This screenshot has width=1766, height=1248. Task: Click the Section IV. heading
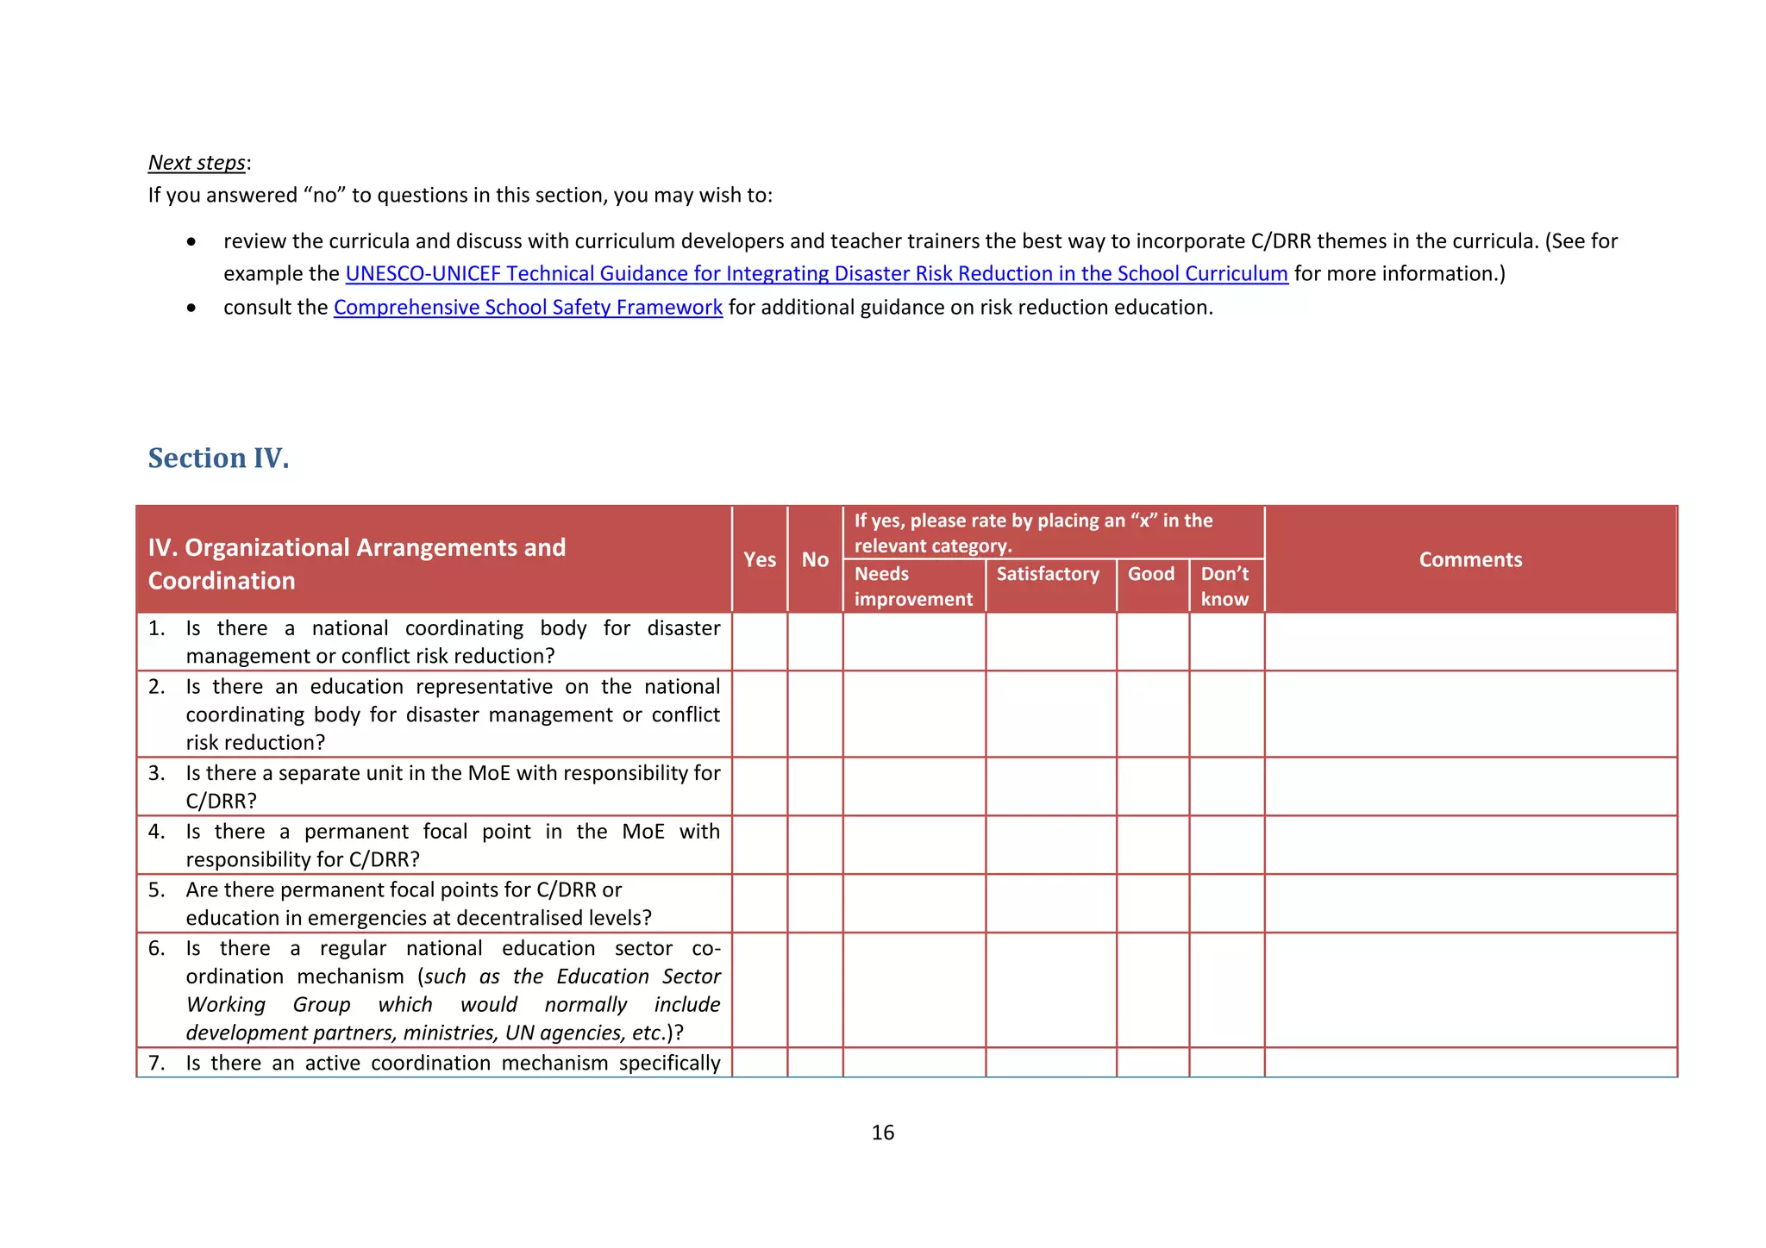click(218, 458)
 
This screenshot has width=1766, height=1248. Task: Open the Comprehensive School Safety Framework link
click(528, 308)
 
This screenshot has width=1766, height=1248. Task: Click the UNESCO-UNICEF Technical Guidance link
click(816, 274)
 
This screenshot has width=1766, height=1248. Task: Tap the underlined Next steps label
click(197, 163)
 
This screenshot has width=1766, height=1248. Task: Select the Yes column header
click(760, 559)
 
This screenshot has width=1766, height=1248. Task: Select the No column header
click(815, 559)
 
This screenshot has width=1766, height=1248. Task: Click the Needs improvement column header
click(913, 586)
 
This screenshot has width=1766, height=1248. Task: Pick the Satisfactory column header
click(1048, 574)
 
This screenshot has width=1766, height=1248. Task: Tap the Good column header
click(1151, 574)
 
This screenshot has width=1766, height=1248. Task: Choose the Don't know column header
click(1225, 586)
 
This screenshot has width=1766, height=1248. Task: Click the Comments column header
click(1470, 559)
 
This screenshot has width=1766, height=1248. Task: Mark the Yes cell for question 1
click(760, 641)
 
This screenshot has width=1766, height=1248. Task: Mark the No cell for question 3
click(815, 786)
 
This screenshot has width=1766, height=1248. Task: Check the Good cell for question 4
click(1152, 845)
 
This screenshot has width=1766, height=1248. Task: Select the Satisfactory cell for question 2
click(1050, 714)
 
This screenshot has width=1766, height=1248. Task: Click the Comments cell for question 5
click(1470, 903)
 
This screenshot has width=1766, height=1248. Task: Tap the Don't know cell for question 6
click(1226, 989)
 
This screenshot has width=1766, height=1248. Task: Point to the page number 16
click(882, 1133)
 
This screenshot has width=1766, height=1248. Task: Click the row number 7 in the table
click(156, 1063)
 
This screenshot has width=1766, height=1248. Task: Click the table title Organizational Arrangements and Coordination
click(356, 564)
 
